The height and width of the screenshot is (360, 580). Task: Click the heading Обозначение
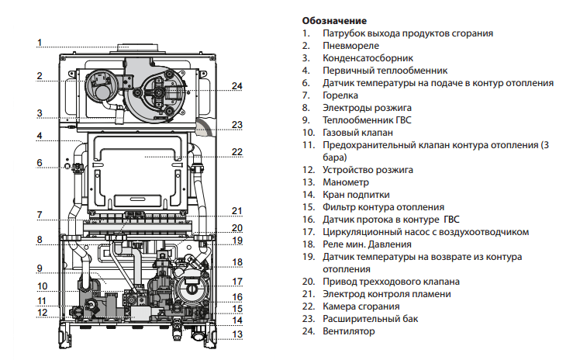[334, 21]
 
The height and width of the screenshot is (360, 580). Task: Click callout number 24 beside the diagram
[237, 86]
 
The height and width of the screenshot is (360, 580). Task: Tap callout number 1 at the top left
[40, 43]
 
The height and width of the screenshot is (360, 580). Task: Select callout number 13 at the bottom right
[237, 334]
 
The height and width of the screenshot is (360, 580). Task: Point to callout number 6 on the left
[40, 163]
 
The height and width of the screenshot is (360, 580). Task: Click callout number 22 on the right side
[237, 152]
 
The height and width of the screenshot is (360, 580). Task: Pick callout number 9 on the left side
[40, 268]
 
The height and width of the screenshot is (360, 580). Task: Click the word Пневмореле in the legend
[350, 46]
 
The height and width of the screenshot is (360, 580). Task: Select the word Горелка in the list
[340, 95]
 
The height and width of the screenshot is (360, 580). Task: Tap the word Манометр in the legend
[346, 182]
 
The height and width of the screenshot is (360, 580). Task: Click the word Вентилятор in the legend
[348, 331]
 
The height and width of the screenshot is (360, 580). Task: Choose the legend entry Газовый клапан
[357, 133]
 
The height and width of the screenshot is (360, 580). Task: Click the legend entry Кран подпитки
[356, 195]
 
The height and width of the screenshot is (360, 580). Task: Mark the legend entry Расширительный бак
[371, 319]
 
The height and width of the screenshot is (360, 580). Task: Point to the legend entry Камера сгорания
[361, 306]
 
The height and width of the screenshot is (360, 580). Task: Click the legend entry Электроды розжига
[367, 108]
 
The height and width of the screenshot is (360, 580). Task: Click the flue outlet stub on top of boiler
[137, 48]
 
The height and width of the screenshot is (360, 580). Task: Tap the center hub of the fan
[158, 92]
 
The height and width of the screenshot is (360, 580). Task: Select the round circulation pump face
[191, 287]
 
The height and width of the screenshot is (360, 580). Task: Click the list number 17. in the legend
[308, 232]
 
